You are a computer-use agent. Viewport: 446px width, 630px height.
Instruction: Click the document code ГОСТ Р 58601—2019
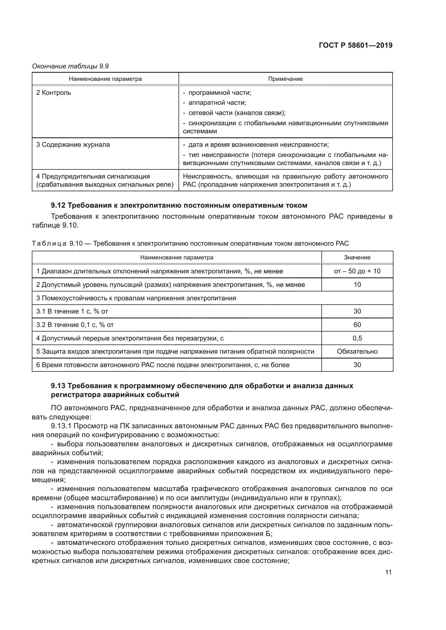pos(355,46)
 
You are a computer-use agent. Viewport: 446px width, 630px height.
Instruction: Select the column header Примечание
pos(285,79)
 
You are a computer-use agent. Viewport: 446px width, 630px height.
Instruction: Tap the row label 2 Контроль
pos(54,93)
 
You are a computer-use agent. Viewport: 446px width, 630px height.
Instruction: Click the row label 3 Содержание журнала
pos(73,145)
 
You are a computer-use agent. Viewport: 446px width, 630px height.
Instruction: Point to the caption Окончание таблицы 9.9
pos(70,66)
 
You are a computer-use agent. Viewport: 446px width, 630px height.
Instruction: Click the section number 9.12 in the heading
pos(58,205)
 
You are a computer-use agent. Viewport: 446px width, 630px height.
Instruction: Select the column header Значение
pos(357,257)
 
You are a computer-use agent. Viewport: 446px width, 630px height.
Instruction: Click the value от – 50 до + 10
pos(357,271)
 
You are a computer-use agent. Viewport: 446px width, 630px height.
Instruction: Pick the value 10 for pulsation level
pos(357,284)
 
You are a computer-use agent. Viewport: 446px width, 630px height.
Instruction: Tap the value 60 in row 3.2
pos(357,325)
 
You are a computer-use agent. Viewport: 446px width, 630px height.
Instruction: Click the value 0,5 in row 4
pos(357,338)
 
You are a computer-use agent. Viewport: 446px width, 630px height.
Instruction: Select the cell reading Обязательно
pos(357,351)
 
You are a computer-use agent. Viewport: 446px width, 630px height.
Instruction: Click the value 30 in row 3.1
pos(357,311)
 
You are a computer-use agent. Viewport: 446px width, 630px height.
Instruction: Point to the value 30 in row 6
pos(357,365)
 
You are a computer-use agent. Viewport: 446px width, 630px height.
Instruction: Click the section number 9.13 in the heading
pos(58,386)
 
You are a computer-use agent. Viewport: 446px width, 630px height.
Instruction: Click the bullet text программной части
pos(220,93)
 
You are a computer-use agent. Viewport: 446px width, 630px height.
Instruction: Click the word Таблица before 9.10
pos(49,243)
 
